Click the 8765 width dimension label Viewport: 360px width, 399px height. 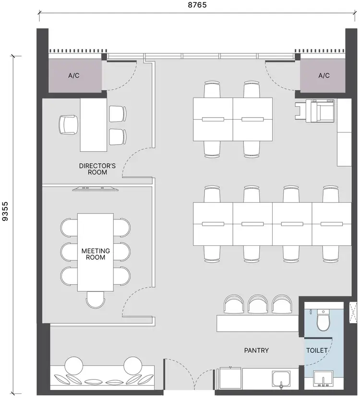tap(197, 5)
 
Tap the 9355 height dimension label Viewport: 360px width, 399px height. tap(5, 211)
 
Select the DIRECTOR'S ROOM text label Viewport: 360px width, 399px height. tap(97, 169)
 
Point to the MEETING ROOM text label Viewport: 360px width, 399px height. tap(96, 254)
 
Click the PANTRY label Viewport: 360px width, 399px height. tap(256, 351)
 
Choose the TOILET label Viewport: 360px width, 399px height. tap(317, 351)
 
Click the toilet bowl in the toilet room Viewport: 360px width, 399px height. tap(323, 320)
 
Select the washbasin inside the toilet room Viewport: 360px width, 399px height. tap(323, 379)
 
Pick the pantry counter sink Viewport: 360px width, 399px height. tap(281, 379)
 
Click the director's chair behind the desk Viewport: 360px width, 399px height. tap(68, 124)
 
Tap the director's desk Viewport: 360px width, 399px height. tap(94, 125)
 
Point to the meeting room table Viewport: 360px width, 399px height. tap(96, 252)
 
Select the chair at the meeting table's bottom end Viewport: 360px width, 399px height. tap(96, 300)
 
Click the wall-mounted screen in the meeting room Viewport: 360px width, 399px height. tap(96, 189)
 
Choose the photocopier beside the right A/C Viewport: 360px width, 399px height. tap(315, 111)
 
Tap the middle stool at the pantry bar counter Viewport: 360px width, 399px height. tap(257, 304)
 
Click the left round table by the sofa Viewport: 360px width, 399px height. tap(74, 365)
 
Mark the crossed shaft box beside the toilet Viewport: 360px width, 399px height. tap(353, 312)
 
